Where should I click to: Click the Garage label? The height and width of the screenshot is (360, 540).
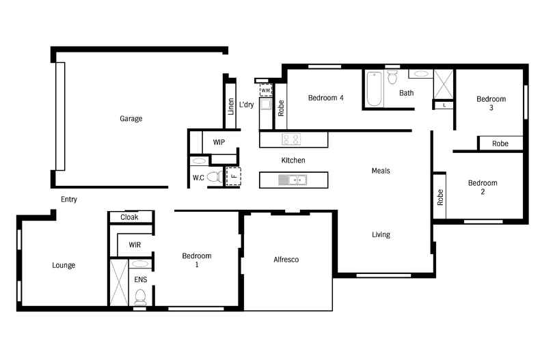[131, 119]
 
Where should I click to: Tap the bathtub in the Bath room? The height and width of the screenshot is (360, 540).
[373, 89]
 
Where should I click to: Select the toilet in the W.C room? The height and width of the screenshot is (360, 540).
[213, 178]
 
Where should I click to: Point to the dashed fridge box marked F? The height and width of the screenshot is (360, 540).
[233, 176]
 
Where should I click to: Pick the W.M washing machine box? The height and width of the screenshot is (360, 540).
[266, 90]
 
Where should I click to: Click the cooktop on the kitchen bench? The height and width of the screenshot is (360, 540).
[292, 139]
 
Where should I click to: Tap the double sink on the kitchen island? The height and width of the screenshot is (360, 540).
[293, 180]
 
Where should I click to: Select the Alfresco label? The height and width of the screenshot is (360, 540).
[286, 260]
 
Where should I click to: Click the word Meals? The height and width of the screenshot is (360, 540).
[381, 171]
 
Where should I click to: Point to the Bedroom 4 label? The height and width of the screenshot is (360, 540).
[325, 98]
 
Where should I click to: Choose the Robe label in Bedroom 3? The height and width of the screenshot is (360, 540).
[500, 143]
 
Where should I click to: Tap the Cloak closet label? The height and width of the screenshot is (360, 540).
[129, 217]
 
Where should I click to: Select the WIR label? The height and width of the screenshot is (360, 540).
[135, 244]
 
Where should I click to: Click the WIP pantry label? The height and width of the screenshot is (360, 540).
[219, 142]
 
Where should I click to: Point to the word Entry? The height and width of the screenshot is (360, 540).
[69, 199]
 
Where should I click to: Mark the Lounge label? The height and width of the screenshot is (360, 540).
[64, 265]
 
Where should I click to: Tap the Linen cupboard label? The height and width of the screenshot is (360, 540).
[231, 107]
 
